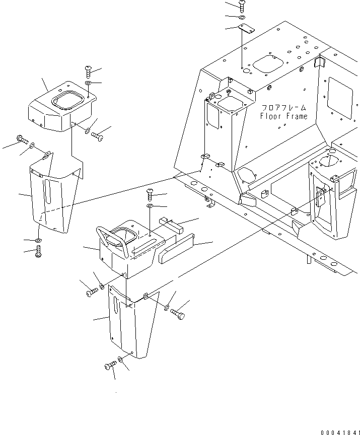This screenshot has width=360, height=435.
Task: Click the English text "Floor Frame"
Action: point(283,117)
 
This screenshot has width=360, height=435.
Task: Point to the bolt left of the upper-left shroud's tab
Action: point(21,139)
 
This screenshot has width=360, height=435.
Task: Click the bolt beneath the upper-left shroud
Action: point(39,253)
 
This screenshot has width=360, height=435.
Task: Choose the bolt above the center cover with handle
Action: point(150,192)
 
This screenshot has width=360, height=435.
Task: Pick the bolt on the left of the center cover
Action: point(91,292)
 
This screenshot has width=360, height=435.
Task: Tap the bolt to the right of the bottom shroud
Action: point(178,314)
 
